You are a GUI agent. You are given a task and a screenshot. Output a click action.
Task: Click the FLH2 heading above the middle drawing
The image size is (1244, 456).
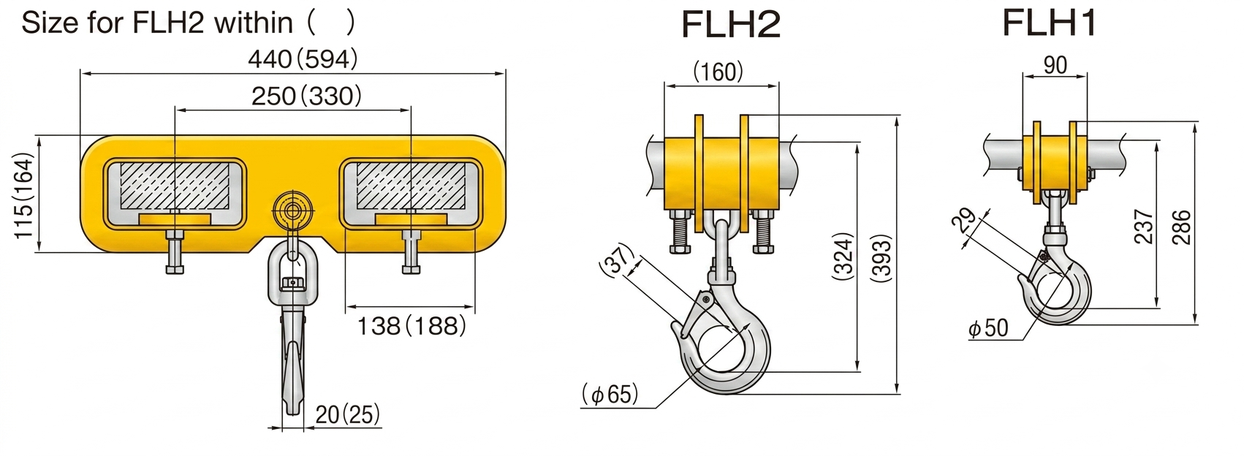(x=731, y=25)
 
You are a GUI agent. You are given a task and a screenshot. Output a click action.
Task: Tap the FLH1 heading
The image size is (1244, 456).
(x=1050, y=23)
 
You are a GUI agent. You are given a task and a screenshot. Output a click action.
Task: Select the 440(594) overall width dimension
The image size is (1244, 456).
(x=303, y=59)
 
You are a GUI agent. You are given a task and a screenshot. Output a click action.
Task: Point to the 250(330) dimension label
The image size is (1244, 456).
(x=306, y=96)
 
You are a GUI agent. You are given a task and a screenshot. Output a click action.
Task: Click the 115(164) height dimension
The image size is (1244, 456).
(x=24, y=196)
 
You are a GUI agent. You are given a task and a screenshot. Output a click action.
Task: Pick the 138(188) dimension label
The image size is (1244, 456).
(x=411, y=326)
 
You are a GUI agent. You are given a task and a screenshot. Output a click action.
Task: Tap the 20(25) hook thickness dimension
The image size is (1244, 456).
(x=348, y=414)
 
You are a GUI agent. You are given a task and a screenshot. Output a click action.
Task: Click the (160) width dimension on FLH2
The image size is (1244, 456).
(x=718, y=72)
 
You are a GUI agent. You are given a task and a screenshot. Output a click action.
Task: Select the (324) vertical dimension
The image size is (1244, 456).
(x=843, y=256)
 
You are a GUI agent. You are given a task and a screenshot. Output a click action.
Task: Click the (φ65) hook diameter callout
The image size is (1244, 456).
(x=610, y=394)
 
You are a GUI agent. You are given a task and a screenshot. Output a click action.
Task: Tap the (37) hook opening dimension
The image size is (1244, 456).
(x=617, y=259)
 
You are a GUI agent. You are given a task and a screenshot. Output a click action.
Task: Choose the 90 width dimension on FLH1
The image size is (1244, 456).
(x=1055, y=65)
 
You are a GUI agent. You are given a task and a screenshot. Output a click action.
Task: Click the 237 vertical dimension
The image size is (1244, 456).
(x=1144, y=227)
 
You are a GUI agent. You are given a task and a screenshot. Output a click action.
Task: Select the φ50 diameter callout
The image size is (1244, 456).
(x=988, y=328)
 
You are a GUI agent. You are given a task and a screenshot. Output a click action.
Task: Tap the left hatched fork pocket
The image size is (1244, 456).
(x=175, y=186)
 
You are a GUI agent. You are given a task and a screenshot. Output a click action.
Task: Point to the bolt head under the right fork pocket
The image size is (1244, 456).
(x=411, y=270)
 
